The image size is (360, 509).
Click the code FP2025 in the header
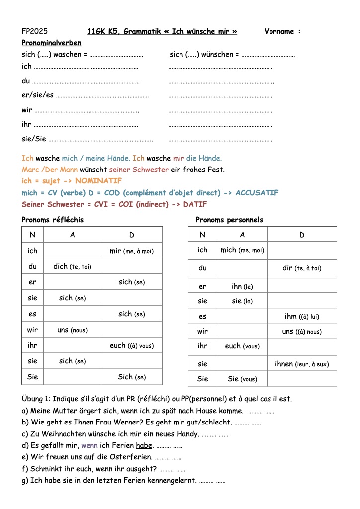[x=35, y=31]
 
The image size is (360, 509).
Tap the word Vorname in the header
[x=279, y=31]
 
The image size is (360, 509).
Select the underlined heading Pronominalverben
[x=51, y=43]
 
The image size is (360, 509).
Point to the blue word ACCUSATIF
[x=257, y=193]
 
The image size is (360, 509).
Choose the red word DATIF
[x=195, y=204]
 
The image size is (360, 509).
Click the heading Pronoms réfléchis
[x=53, y=220]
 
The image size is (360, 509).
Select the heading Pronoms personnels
[x=229, y=220]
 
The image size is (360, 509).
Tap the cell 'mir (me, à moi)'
[x=131, y=251]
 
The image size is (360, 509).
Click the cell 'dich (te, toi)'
[x=73, y=266]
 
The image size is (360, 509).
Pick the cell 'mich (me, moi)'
[x=242, y=250]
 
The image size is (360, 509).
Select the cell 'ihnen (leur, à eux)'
[x=302, y=364]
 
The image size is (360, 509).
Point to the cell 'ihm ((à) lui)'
[x=302, y=316]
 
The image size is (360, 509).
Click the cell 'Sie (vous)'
[x=242, y=379]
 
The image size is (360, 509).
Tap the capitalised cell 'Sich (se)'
[x=131, y=377]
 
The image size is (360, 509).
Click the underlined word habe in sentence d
[x=145, y=445]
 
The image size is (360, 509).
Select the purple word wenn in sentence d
[x=90, y=445]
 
